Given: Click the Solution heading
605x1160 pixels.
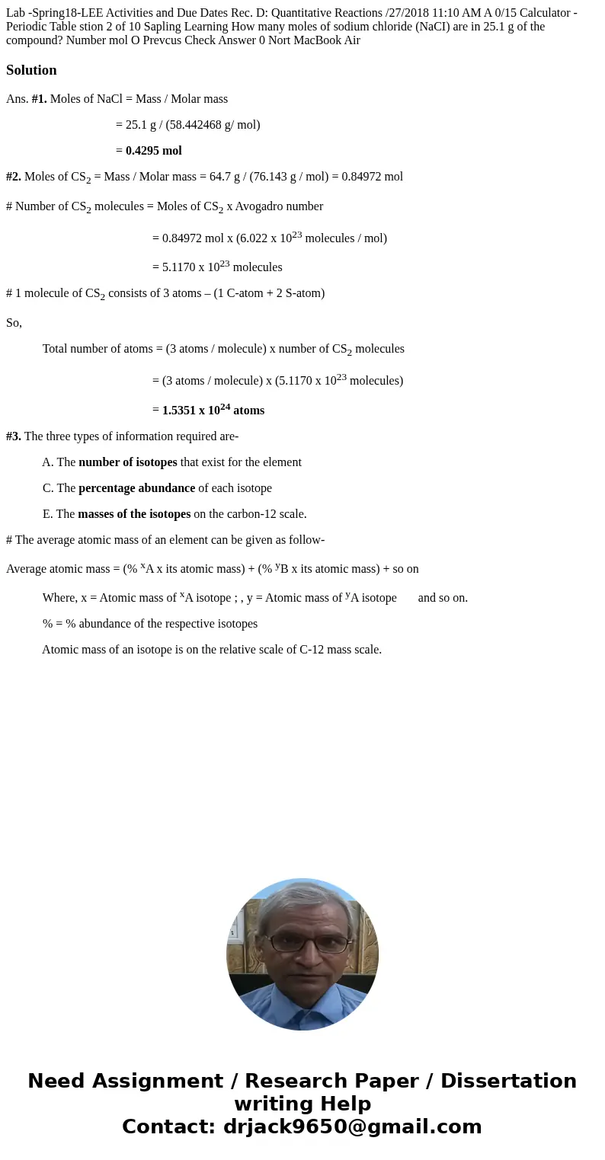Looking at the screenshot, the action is click(31, 70).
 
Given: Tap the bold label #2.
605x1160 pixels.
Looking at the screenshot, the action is click(14, 177).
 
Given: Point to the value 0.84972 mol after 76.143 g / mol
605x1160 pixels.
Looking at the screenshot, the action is click(372, 177).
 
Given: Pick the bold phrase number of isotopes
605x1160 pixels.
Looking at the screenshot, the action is click(127, 462).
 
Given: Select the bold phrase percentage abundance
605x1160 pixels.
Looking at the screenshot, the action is click(136, 488).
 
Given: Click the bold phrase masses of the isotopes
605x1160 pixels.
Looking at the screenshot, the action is click(134, 514).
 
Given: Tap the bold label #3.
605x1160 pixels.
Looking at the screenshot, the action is click(14, 436).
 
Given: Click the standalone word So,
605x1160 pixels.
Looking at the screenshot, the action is click(14, 323).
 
